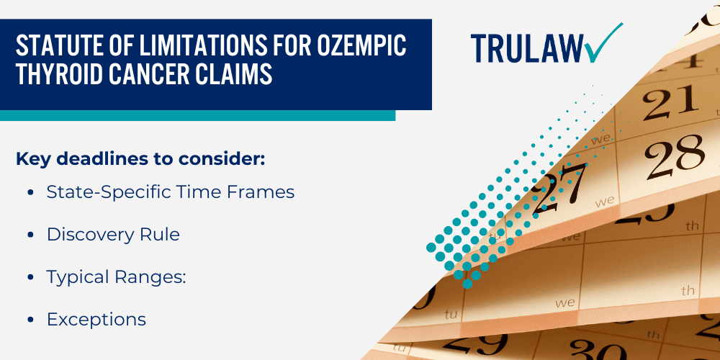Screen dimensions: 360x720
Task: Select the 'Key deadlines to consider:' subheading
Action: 140,159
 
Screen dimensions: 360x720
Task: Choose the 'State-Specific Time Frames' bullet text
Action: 170,193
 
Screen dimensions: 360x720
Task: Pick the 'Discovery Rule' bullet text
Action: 113,235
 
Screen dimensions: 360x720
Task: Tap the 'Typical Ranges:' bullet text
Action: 116,276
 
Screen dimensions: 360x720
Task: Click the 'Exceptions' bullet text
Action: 96,318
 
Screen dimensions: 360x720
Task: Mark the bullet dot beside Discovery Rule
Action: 31,235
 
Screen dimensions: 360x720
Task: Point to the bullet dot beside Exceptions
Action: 31,319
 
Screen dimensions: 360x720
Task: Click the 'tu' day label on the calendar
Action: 452,314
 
